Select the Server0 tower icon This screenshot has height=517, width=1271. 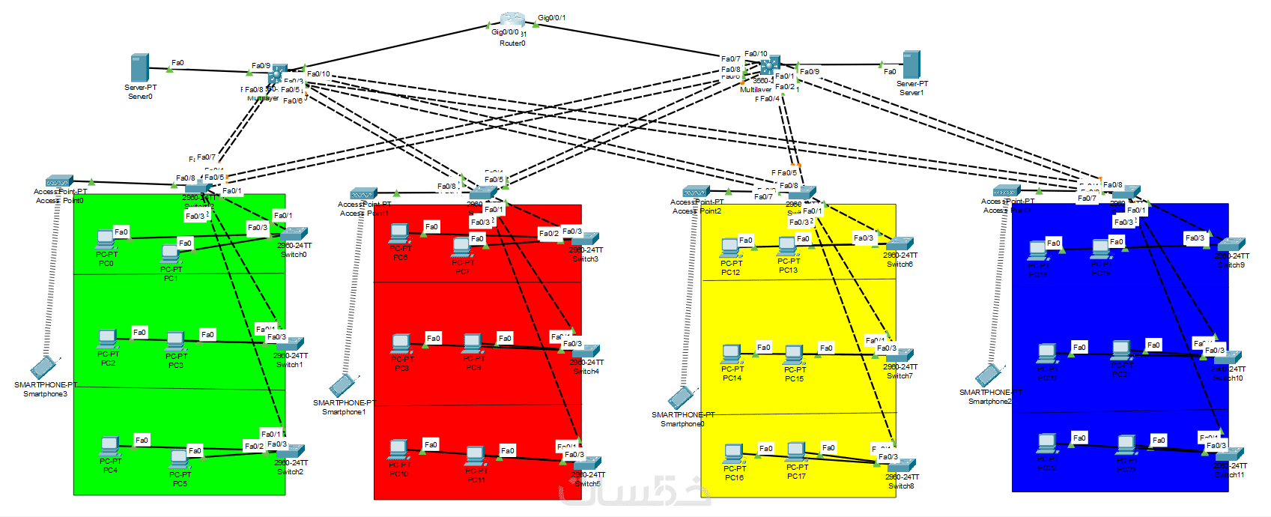pyautogui.click(x=139, y=67)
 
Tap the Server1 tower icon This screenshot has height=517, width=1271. pyautogui.click(x=911, y=64)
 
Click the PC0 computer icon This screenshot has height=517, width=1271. pyautogui.click(x=106, y=239)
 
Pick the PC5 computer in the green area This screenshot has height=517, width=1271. pyautogui.click(x=179, y=458)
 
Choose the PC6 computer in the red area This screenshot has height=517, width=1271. pyautogui.click(x=400, y=233)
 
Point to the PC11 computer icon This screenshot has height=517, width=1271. pyautogui.click(x=476, y=455)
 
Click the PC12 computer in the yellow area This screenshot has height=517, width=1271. pyautogui.click(x=730, y=247)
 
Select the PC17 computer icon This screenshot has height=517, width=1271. pyautogui.click(x=797, y=451)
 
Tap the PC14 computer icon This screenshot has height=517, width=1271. pyautogui.click(x=732, y=352)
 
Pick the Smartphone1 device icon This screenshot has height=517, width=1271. pyautogui.click(x=343, y=385)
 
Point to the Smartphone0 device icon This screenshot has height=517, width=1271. pyautogui.click(x=682, y=397)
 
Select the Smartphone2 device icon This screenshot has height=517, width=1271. pyautogui.click(x=989, y=375)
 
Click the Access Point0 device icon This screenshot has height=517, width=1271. pyautogui.click(x=58, y=181)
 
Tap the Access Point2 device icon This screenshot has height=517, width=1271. pyautogui.click(x=695, y=192)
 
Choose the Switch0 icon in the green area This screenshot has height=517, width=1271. pyautogui.click(x=294, y=234)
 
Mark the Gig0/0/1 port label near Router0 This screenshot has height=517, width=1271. pyautogui.click(x=552, y=18)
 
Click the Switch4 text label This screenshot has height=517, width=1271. pyautogui.click(x=586, y=372)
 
